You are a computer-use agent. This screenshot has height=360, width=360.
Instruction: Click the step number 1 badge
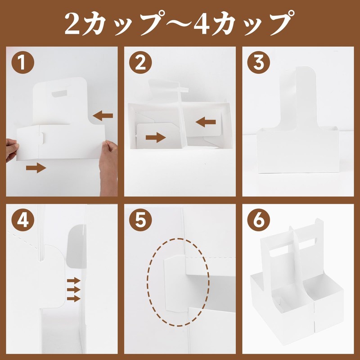23,62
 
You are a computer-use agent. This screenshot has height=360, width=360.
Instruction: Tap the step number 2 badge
140,62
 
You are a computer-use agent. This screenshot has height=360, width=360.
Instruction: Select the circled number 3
259,62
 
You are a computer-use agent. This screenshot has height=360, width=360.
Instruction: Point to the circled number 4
23,220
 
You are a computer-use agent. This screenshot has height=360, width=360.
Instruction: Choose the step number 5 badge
140,220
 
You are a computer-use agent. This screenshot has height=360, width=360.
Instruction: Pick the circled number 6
259,220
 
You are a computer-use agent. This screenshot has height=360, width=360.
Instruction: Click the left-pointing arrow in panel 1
103,116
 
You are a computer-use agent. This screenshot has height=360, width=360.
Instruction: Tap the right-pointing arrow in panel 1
36,168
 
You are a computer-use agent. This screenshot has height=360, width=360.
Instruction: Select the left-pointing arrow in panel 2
206,122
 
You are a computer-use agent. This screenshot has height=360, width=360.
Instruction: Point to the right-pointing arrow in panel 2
156,137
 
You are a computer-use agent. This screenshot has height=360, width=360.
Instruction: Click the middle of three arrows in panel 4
73,289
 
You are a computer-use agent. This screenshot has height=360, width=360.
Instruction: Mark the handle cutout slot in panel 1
59,94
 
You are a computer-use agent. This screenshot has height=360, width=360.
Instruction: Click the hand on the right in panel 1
108,167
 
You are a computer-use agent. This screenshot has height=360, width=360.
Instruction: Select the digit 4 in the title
202,24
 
